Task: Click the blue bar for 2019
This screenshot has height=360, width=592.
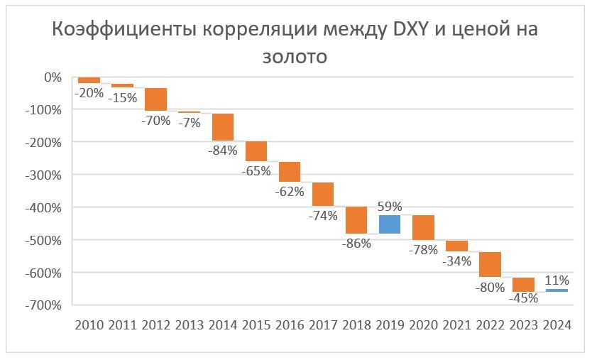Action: coord(390,224)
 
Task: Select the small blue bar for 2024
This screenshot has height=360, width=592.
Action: coord(557,290)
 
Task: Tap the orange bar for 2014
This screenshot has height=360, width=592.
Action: coord(223,127)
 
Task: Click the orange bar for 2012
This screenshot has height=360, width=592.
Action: coord(156,99)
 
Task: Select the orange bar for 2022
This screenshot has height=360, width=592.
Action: coord(490,264)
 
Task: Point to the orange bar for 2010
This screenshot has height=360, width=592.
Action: coord(89,80)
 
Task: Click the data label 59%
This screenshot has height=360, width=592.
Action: coord(390,207)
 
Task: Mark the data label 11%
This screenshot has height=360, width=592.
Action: coord(557,280)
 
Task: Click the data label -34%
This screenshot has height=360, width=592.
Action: coord(456,260)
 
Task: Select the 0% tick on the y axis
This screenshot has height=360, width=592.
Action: coord(53,77)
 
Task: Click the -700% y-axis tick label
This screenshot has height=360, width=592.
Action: coord(43,305)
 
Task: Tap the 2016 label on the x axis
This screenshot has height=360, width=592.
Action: coord(290,324)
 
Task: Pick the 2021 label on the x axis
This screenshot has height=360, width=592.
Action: coord(456,324)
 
